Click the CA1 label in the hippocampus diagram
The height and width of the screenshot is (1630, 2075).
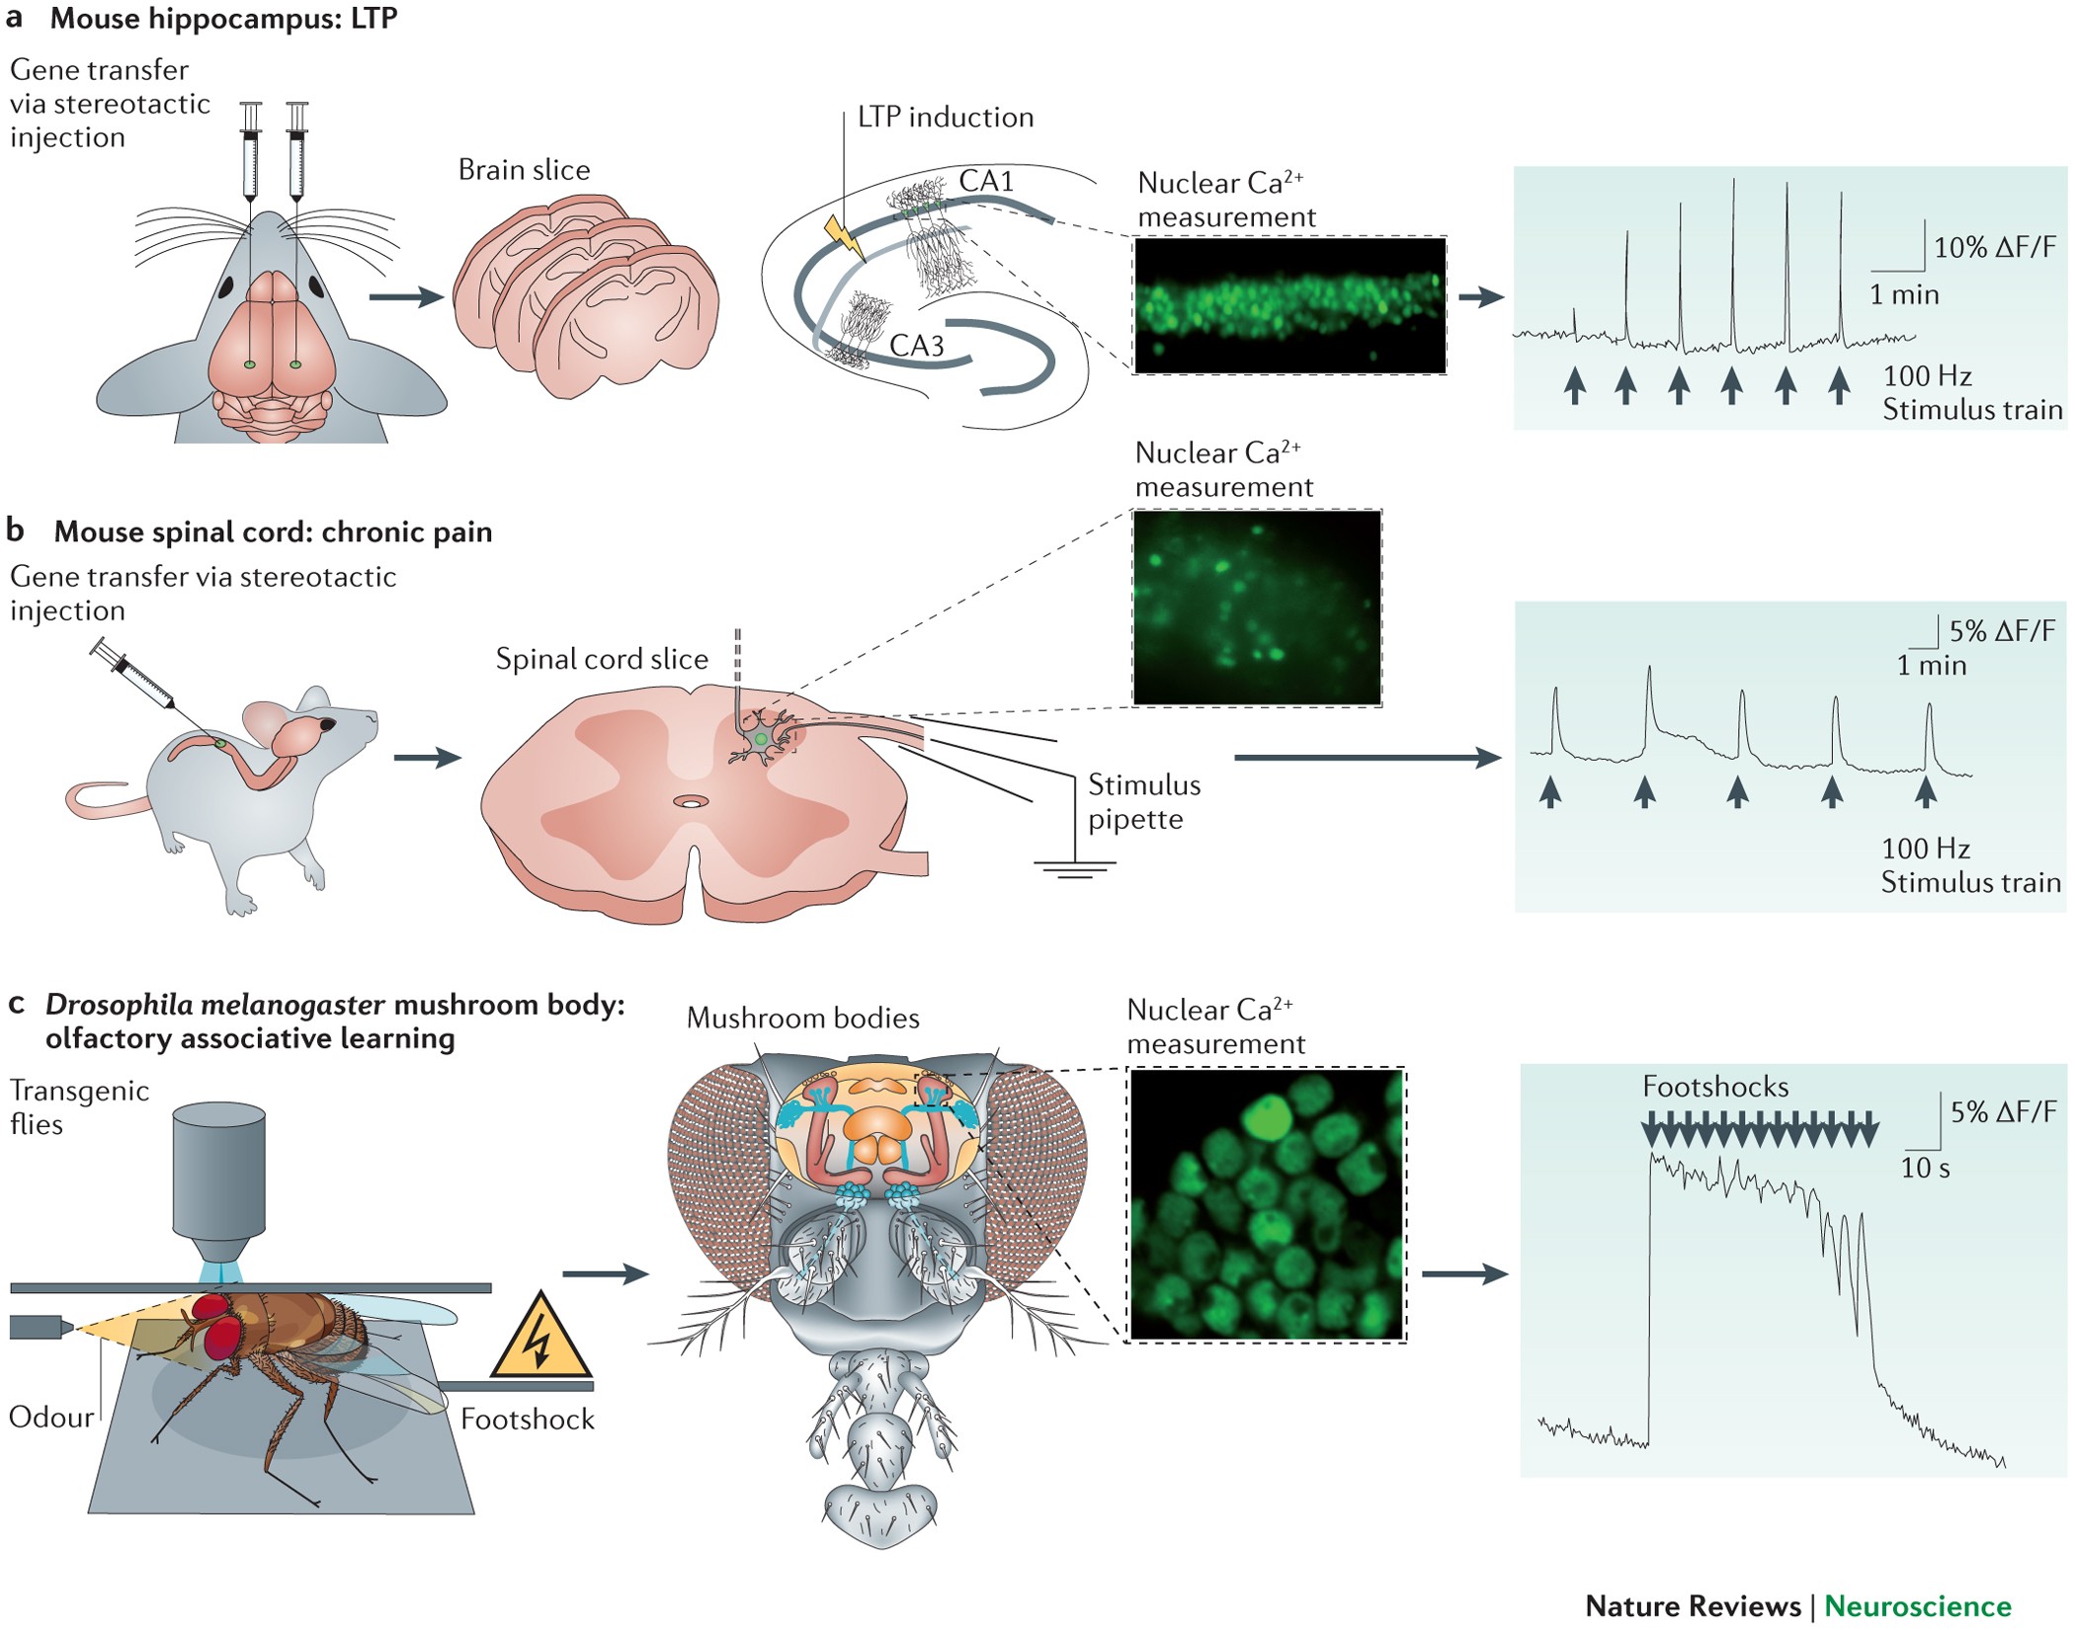[x=986, y=182]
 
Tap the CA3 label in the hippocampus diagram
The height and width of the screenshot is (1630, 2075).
[x=916, y=346]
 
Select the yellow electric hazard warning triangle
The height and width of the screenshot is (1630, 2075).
[x=539, y=1340]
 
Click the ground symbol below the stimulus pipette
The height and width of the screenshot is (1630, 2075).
[x=1074, y=869]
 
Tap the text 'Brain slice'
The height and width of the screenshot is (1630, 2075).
[x=524, y=170]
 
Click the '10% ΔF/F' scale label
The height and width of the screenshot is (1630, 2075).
[x=1994, y=248]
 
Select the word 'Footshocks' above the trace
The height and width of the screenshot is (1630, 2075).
[x=1715, y=1087]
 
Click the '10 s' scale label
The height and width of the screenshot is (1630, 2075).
[x=1925, y=1169]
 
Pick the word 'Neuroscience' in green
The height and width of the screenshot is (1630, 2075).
[x=1917, y=1606]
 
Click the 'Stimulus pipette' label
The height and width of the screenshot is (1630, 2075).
[x=1143, y=802]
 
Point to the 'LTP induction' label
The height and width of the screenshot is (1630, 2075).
[x=945, y=118]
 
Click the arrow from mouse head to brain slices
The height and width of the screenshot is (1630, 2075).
[x=405, y=296]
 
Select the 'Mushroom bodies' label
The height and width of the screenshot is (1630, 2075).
[x=802, y=1019]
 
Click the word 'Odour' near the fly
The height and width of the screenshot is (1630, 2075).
[x=50, y=1418]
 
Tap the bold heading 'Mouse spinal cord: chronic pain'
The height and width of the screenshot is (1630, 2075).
[x=273, y=531]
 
